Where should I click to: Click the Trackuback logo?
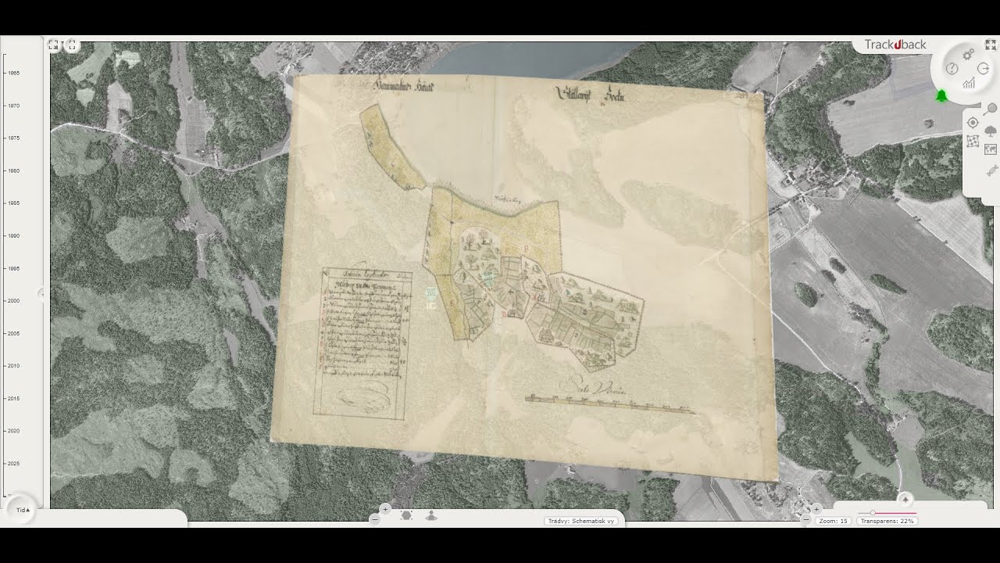click(895, 45)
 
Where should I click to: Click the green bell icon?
click(941, 95)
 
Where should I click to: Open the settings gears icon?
click(968, 54)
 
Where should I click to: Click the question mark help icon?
click(952, 69)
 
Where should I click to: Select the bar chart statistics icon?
click(969, 83)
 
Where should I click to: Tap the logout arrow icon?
click(984, 69)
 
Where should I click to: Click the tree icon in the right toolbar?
click(991, 131)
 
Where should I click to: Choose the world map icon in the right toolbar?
click(991, 149)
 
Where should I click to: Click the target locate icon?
click(973, 123)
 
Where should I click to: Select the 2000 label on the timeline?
click(14, 300)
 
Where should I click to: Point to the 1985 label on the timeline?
click(14, 203)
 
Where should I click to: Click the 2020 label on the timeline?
click(14, 431)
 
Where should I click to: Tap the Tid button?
click(23, 510)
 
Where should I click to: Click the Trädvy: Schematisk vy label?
click(581, 521)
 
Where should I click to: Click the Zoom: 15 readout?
click(833, 521)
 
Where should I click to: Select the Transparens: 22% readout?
click(887, 521)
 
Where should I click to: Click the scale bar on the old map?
click(609, 403)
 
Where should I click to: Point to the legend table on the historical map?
click(362, 341)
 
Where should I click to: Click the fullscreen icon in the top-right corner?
click(991, 45)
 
